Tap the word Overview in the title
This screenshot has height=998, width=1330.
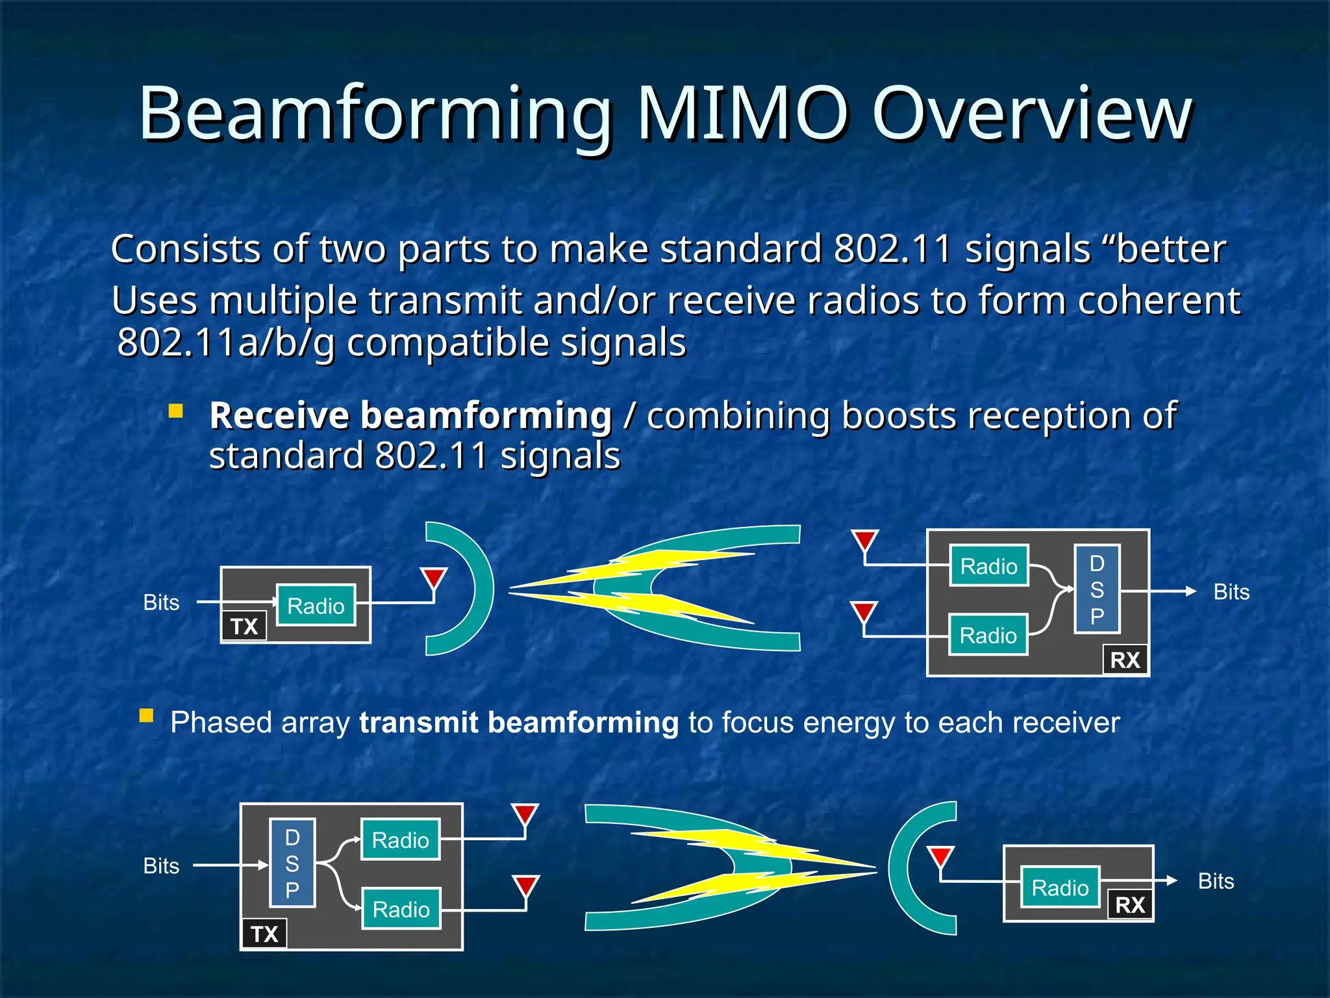[x=1033, y=114]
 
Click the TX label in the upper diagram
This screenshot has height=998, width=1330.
[x=244, y=626]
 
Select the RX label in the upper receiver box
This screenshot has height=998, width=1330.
[x=1125, y=660]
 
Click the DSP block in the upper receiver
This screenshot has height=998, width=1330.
[x=1097, y=589]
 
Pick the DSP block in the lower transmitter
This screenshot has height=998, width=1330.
[x=292, y=864]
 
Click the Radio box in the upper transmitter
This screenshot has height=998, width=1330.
[x=316, y=606]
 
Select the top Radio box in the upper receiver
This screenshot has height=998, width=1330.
[x=988, y=566]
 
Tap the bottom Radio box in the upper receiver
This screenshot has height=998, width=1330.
[x=988, y=635]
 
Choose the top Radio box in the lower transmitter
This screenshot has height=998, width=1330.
[x=400, y=840]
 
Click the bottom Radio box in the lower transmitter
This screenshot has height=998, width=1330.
[x=401, y=909]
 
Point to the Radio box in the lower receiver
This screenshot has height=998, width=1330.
[x=1060, y=888]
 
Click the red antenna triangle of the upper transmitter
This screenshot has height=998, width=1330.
[x=433, y=578]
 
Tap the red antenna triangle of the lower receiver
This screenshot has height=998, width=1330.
[x=940, y=856]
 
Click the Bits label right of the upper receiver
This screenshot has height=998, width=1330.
[x=1231, y=592]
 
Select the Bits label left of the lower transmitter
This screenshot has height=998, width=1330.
[x=161, y=866]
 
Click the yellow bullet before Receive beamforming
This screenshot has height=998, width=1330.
[x=175, y=411]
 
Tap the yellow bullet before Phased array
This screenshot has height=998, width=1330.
[x=146, y=716]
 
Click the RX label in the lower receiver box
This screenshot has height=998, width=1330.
[x=1130, y=904]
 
